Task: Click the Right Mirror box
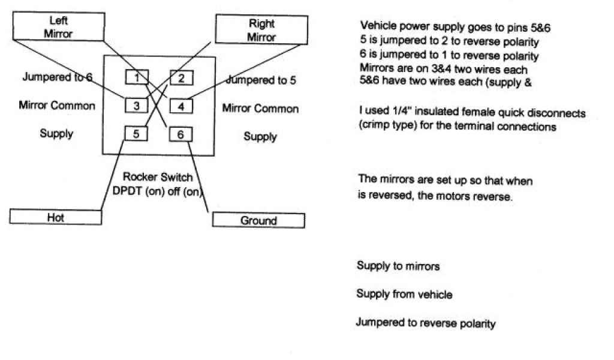coord(261,30)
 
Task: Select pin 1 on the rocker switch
coord(137,77)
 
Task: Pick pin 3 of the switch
coord(137,106)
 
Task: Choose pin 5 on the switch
coord(137,133)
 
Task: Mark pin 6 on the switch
coord(180,134)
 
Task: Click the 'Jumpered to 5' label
coord(261,80)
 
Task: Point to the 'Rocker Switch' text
coord(158,177)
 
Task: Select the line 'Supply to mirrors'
coord(398,266)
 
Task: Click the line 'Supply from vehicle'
coord(404,295)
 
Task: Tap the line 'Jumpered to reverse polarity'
coord(426,323)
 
